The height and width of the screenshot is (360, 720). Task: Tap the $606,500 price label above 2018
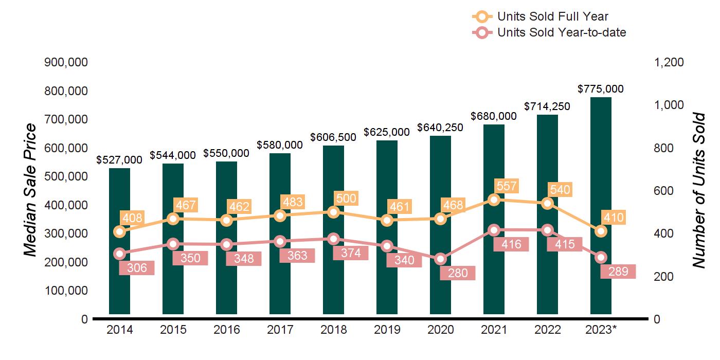(333, 138)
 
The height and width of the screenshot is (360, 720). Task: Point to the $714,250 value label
(547, 106)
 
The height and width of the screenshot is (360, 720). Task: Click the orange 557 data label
(506, 186)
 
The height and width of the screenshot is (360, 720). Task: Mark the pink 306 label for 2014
(137, 267)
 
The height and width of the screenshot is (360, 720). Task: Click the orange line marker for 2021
(494, 200)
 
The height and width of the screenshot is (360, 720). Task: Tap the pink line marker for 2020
(440, 259)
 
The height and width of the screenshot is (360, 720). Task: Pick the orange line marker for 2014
(119, 231)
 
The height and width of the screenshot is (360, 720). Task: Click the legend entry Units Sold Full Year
(552, 16)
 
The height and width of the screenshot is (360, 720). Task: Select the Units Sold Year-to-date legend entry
(561, 32)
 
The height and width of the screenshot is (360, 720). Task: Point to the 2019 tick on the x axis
(387, 330)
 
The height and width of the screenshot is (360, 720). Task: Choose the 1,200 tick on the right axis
(669, 62)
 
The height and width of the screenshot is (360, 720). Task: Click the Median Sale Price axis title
(31, 190)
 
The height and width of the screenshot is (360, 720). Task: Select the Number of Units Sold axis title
(698, 190)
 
